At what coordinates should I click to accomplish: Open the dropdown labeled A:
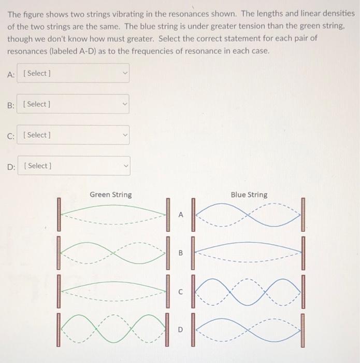[73, 74]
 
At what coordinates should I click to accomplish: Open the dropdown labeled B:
[73, 104]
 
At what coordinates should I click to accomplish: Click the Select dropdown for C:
[73, 135]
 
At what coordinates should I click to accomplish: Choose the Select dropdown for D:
[73, 166]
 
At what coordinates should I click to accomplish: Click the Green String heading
[111, 194]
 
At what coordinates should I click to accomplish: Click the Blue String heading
[249, 194]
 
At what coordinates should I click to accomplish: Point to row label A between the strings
[181, 214]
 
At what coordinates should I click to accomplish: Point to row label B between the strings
[181, 254]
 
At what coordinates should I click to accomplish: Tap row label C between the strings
[181, 292]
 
